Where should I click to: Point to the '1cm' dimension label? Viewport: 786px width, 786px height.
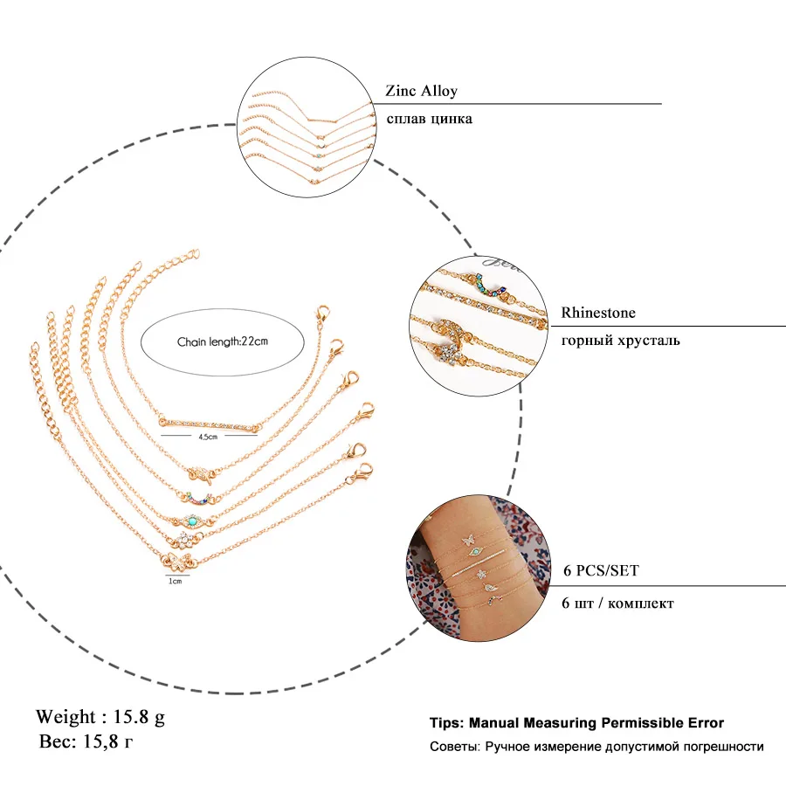pos(176,580)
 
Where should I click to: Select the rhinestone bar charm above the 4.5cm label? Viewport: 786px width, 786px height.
pos(210,424)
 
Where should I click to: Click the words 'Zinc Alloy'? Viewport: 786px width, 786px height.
pos(421,91)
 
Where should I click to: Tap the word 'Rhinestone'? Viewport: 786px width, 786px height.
pos(598,313)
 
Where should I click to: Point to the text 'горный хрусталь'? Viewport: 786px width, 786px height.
pos(620,340)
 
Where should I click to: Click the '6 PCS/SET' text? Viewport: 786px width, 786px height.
pos(600,571)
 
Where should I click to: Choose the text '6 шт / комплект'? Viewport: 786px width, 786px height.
pos(617,603)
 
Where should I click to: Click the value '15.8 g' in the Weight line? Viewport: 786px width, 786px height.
pos(139,717)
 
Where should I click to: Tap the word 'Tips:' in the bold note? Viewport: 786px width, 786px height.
pos(447,723)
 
